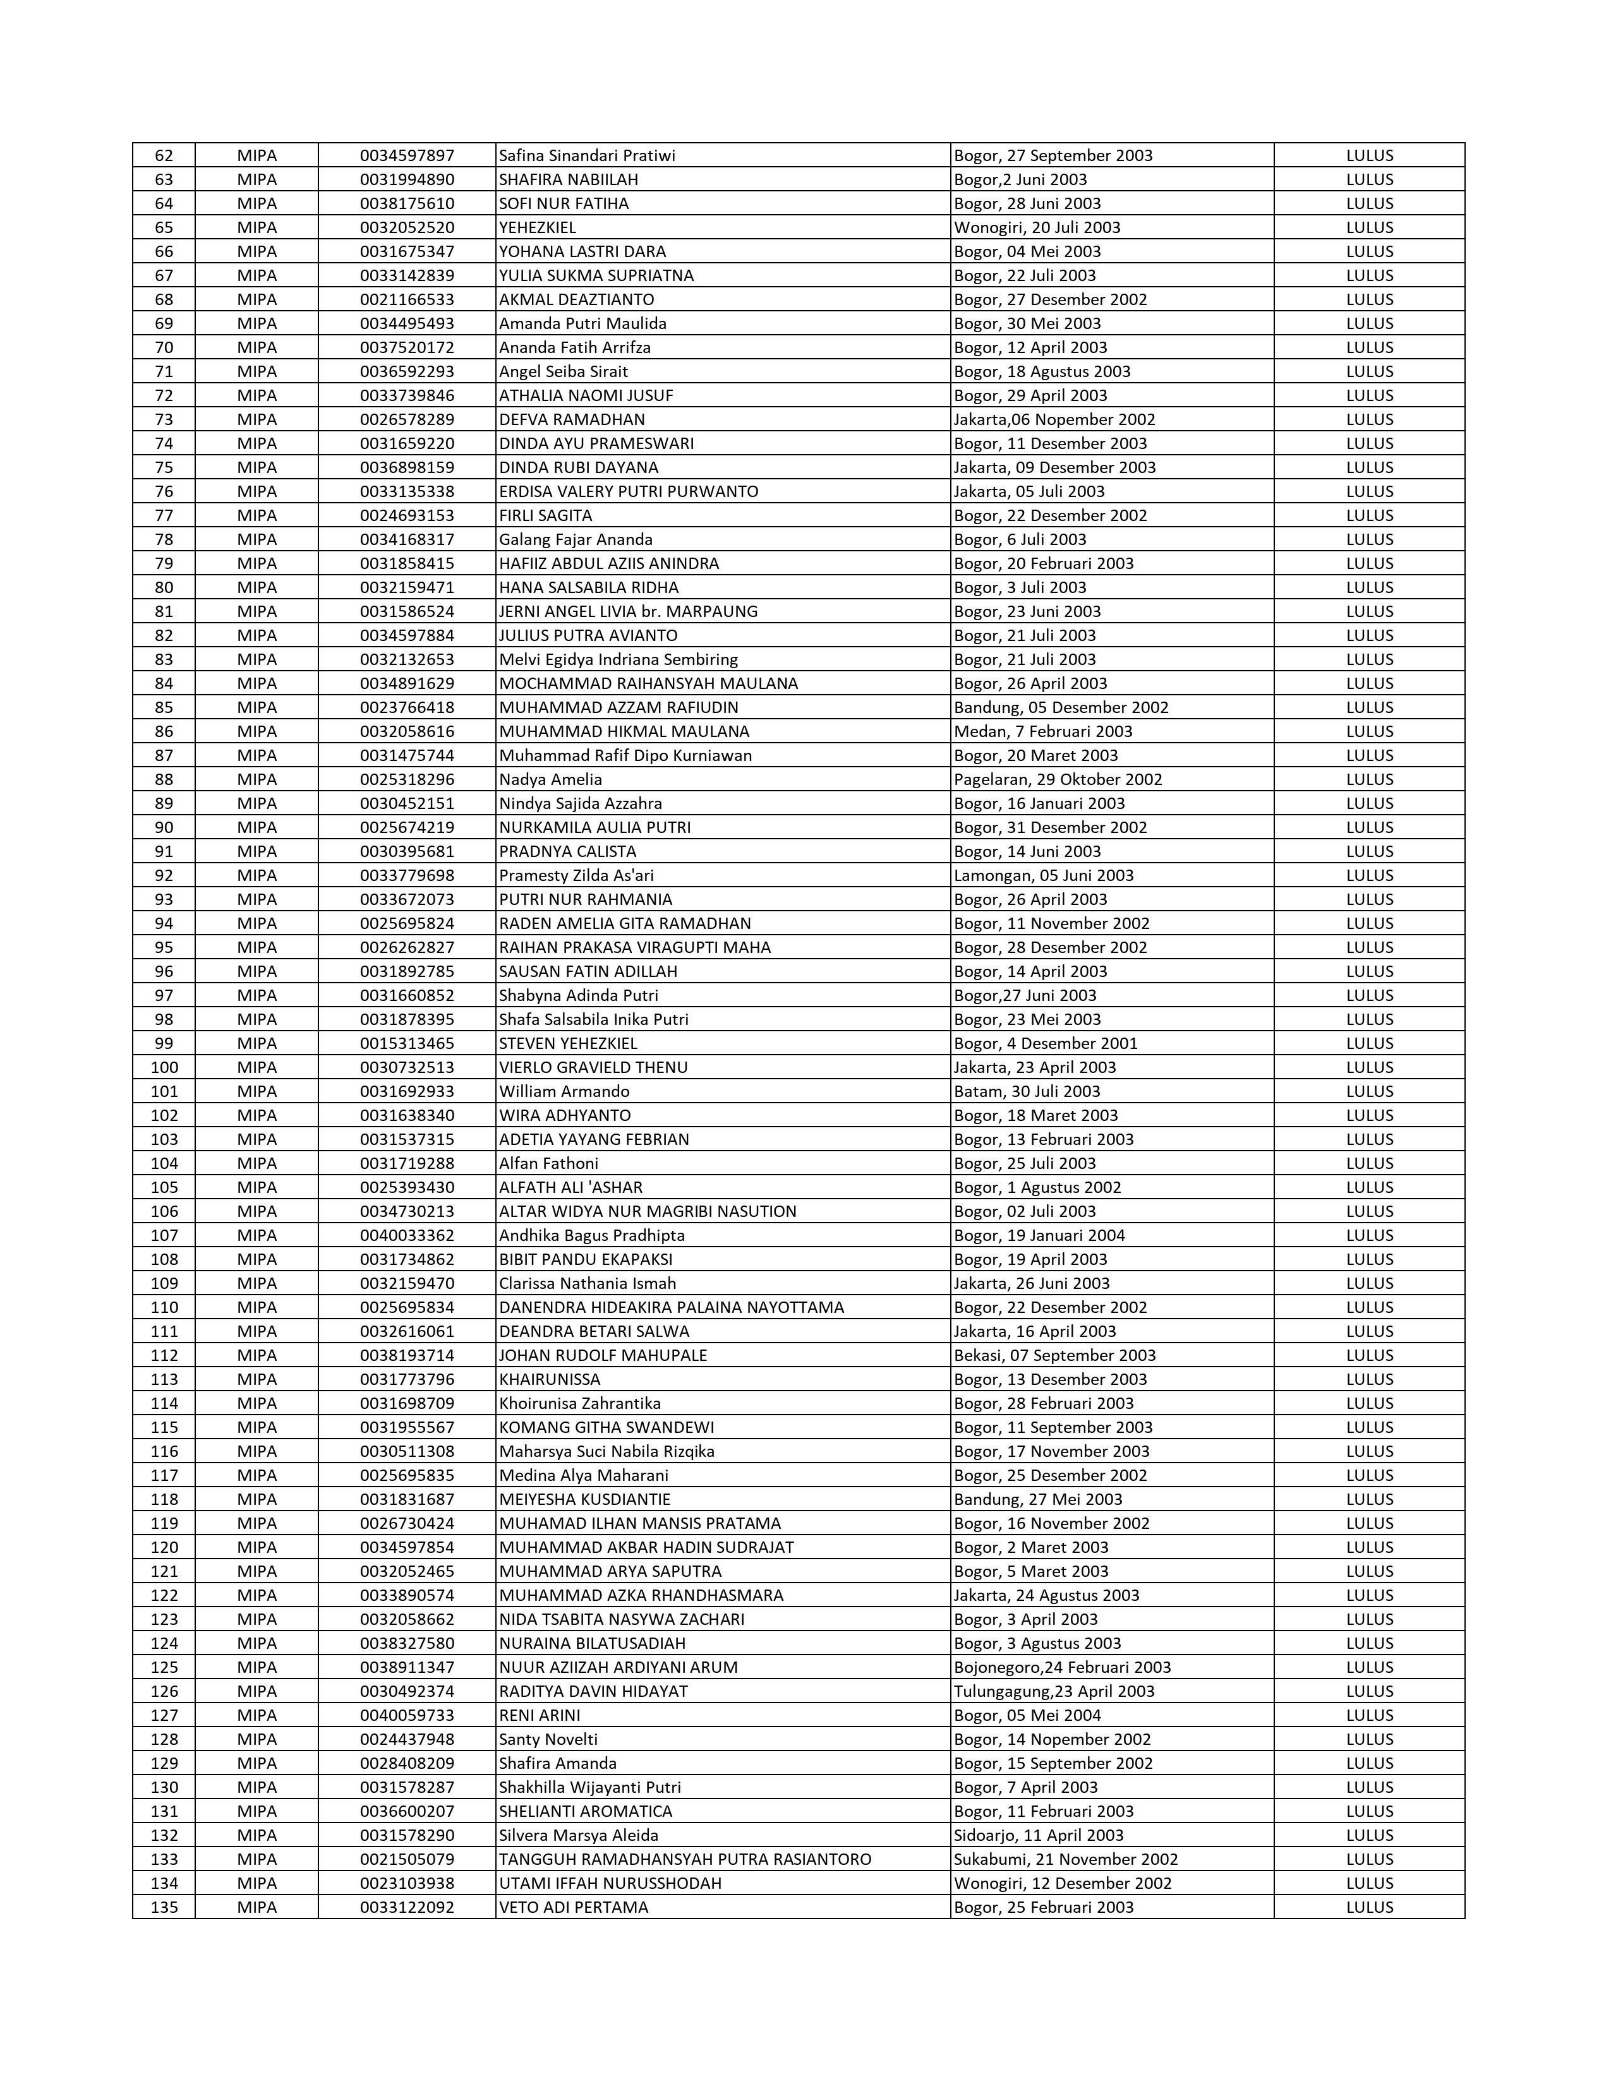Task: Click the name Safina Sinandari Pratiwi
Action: (x=587, y=155)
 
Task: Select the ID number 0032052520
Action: (x=407, y=227)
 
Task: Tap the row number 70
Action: (x=164, y=347)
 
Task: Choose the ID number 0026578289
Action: (x=407, y=419)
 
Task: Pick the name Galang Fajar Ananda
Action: (x=576, y=539)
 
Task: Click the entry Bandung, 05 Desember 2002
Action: (x=1060, y=707)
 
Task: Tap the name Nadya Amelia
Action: (x=551, y=779)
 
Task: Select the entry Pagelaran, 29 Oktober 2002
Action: (x=1058, y=779)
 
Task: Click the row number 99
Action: (x=164, y=1043)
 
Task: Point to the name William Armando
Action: (x=564, y=1091)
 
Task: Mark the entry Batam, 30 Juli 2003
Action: (x=1026, y=1091)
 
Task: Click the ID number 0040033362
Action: (x=407, y=1235)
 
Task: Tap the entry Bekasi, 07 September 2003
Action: (x=1054, y=1355)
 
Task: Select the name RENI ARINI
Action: (x=540, y=1715)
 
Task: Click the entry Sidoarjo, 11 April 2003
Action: (x=1039, y=1835)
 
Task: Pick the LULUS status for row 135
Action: (x=1370, y=1907)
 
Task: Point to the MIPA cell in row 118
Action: (x=256, y=1499)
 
